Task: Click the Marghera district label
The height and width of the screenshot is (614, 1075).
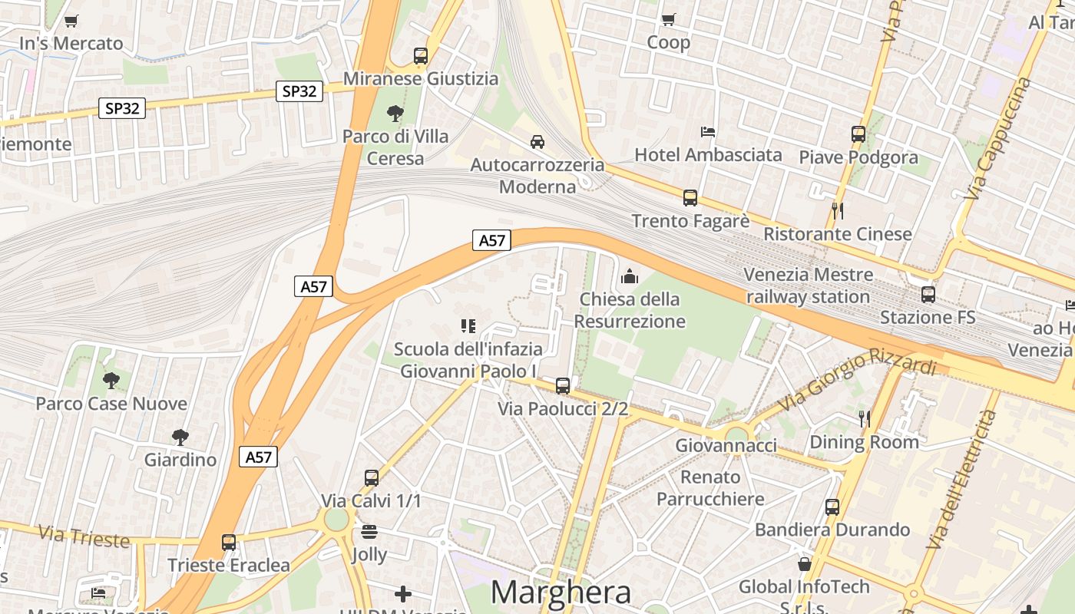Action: pos(561,593)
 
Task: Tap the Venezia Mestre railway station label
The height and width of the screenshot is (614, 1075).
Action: pos(808,286)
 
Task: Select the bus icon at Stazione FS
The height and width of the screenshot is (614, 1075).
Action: pos(928,294)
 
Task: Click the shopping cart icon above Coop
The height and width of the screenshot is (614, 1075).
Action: pos(668,19)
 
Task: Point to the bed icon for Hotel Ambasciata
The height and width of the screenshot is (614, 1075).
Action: pos(708,132)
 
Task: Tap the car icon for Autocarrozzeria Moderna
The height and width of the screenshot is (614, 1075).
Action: pos(537,142)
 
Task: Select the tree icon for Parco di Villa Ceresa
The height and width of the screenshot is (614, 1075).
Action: pos(395,114)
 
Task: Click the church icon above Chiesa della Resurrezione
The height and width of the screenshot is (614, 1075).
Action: pos(630,276)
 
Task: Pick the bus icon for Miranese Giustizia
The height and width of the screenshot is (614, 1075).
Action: pos(420,56)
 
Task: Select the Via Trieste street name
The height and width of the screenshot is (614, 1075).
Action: pos(83,536)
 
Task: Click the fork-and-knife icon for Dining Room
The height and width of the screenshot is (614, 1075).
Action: pos(865,419)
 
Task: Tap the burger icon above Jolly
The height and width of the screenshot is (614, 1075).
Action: pos(369,532)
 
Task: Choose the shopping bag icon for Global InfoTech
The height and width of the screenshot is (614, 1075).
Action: pos(804,564)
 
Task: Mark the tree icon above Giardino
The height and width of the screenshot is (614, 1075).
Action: pos(180,437)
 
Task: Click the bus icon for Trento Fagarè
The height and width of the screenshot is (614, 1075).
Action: pos(690,198)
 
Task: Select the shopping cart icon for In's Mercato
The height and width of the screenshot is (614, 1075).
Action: pos(71,21)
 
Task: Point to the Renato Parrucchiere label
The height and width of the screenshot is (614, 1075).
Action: pos(710,488)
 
